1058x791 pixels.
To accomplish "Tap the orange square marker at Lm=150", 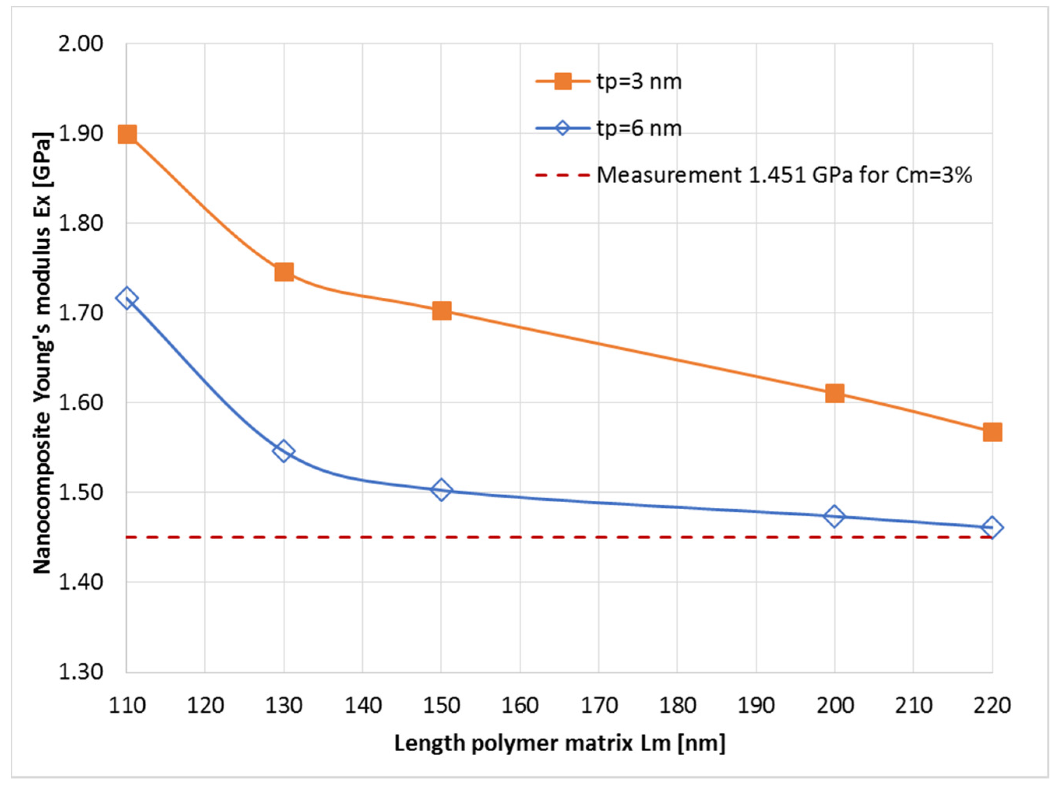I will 442,311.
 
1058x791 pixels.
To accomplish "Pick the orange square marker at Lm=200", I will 834,393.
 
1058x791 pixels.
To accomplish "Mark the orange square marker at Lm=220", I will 992,432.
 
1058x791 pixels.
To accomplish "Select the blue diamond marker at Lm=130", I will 283,451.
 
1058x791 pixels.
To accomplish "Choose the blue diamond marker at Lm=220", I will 991,528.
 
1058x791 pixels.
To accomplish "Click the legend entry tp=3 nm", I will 639,82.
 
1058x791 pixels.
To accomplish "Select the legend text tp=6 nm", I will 639,129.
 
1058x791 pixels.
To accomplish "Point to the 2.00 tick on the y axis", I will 80,44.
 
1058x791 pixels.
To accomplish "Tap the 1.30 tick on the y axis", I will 80,672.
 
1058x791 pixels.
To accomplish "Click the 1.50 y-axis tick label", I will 80,493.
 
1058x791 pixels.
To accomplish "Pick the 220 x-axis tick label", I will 992,706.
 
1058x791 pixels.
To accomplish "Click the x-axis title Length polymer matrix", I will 560,743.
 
